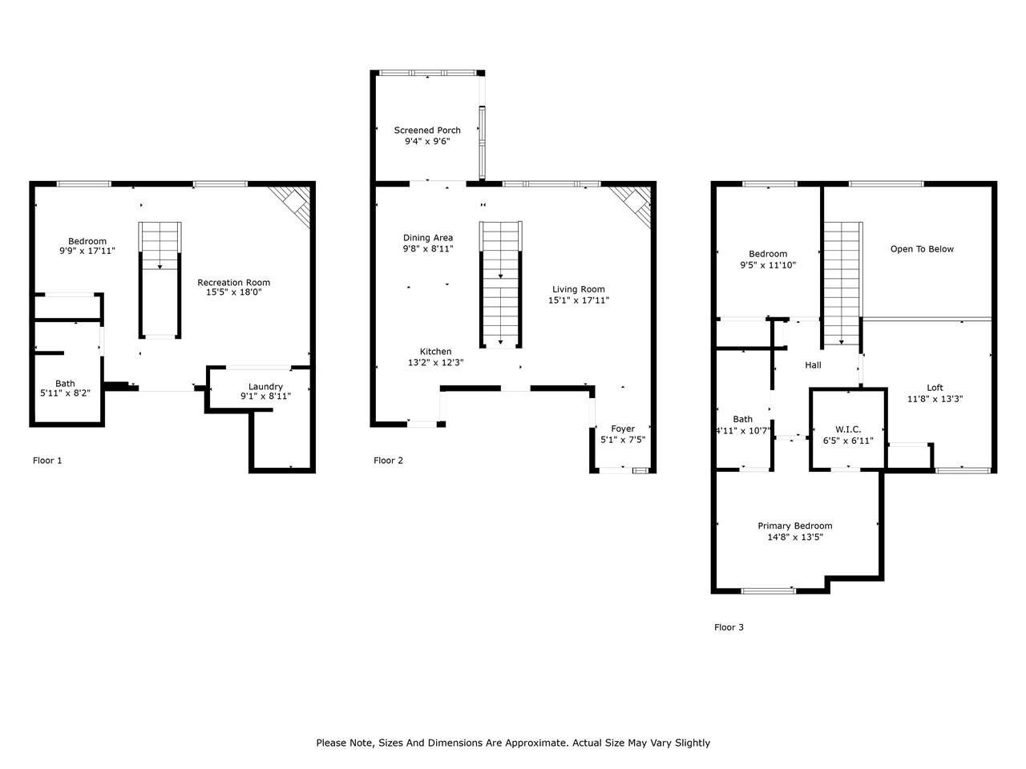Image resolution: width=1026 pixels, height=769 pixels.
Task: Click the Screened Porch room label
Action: coord(427,131)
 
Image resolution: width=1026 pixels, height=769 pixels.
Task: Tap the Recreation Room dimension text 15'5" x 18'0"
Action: coord(233,293)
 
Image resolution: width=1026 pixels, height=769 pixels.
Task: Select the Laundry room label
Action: coord(265,387)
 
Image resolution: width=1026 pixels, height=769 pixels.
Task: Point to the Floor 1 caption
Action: coord(47,461)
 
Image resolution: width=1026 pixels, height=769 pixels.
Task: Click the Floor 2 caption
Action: coord(388,461)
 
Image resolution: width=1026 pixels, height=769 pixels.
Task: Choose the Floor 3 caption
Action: coord(729,627)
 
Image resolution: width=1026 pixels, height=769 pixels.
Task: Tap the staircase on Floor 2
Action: coord(501,284)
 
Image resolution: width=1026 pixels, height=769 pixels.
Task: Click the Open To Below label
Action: coord(922,249)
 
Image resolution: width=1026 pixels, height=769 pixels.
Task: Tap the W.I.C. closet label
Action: coord(848,430)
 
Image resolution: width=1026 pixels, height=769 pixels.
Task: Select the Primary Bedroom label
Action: coord(795,526)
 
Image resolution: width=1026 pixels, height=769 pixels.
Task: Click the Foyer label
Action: coord(623,429)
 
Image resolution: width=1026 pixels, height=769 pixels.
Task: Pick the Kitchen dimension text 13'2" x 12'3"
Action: coord(435,363)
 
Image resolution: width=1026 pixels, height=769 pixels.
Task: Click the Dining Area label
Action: coord(428,238)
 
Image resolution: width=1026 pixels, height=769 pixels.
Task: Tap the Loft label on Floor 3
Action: coord(935,388)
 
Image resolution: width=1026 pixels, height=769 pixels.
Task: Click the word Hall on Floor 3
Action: coord(813,365)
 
